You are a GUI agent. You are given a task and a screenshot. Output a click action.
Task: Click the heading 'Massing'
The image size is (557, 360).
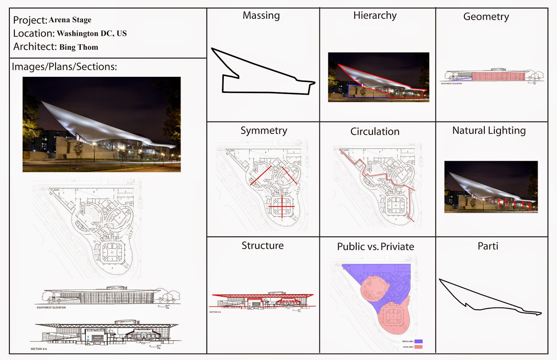click(261, 16)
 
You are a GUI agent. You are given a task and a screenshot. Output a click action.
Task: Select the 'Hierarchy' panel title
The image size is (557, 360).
click(375, 16)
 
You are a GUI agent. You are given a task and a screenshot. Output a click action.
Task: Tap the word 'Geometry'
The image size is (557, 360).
click(486, 17)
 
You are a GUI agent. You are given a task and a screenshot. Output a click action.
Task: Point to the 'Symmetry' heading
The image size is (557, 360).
click(264, 131)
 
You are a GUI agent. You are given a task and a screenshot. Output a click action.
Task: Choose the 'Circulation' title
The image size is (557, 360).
click(375, 131)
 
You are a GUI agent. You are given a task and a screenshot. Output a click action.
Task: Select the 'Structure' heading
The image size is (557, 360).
click(262, 246)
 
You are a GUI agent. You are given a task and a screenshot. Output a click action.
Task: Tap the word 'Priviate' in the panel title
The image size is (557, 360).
click(398, 247)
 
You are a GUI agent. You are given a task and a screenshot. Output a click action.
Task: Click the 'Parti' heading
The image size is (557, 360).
click(488, 246)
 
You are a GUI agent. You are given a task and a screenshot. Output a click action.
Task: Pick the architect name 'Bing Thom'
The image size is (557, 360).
click(79, 47)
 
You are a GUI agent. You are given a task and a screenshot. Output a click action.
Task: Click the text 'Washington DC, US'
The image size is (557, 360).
click(92, 34)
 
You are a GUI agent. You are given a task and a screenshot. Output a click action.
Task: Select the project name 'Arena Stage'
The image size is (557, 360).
click(70, 20)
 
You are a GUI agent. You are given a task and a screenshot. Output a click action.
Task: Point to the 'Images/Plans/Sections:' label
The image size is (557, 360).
click(64, 67)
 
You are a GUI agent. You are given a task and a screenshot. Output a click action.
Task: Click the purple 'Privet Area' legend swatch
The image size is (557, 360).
click(418, 342)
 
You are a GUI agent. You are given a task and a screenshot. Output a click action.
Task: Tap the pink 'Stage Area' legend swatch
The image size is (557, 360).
click(418, 347)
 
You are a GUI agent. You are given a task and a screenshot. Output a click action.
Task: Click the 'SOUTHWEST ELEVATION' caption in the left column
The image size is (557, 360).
click(51, 308)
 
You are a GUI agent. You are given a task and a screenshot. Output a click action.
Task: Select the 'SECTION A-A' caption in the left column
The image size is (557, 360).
click(39, 349)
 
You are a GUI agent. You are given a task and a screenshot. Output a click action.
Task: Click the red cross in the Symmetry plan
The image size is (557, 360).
click(282, 207)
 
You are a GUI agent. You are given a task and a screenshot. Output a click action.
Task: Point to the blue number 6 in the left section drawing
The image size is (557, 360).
click(88, 337)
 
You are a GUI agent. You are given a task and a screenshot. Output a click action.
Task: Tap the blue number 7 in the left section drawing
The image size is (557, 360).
click(120, 336)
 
